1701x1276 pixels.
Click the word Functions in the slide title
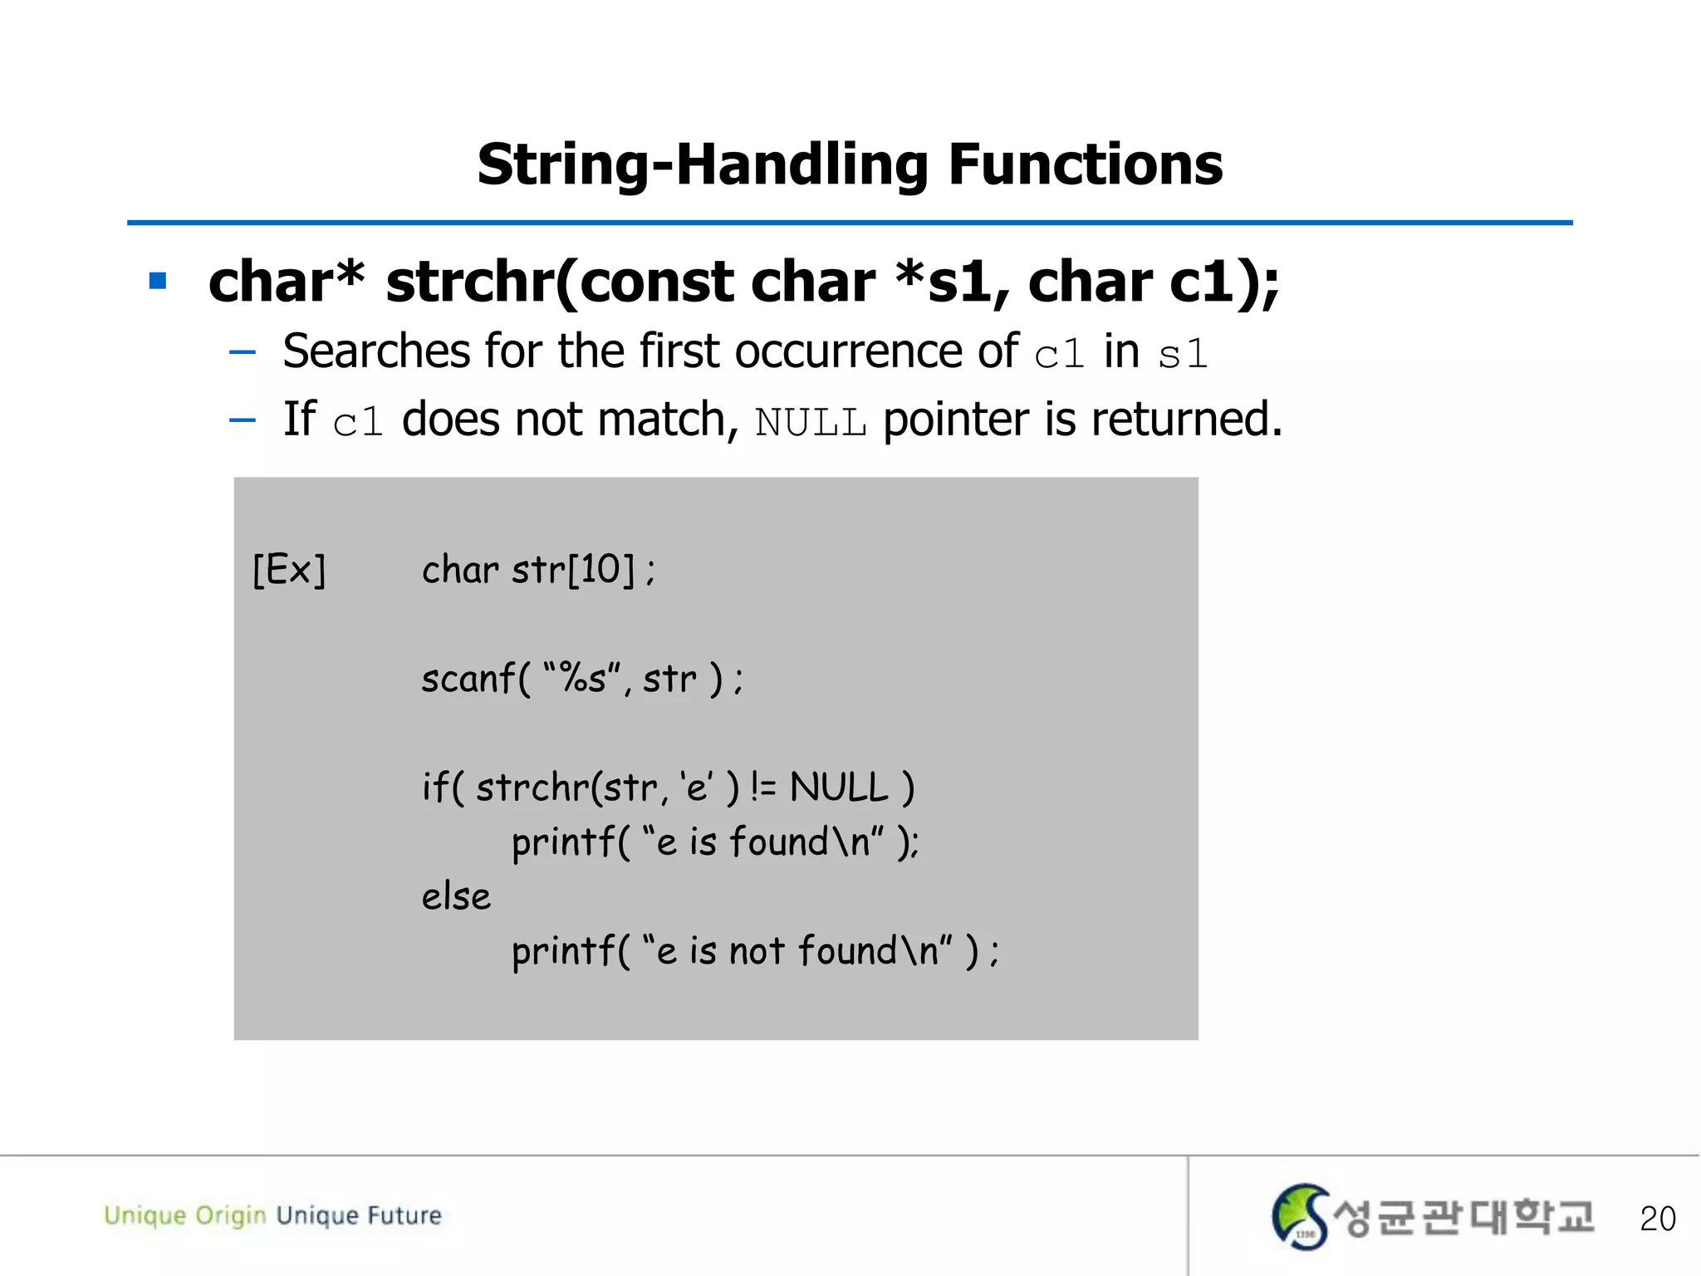pyautogui.click(x=1085, y=164)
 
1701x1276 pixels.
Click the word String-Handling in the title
pyautogui.click(x=702, y=164)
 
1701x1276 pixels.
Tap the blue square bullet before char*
pyautogui.click(x=158, y=281)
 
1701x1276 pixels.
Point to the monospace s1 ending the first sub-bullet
pyautogui.click(x=1183, y=356)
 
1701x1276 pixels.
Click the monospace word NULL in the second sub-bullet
pyautogui.click(x=811, y=423)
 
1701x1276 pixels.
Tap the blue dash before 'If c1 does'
pyautogui.click(x=242, y=420)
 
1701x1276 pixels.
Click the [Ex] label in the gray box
pyautogui.click(x=289, y=570)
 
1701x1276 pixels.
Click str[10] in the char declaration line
pyautogui.click(x=573, y=570)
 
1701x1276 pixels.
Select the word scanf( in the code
pyautogui.click(x=475, y=679)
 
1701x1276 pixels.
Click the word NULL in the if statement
pyautogui.click(x=838, y=787)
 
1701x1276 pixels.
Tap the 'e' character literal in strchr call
pyautogui.click(x=695, y=787)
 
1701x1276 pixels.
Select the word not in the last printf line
pyautogui.click(x=756, y=951)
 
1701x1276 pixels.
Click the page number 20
pyautogui.click(x=1657, y=1219)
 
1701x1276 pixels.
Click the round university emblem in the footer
pyautogui.click(x=1300, y=1216)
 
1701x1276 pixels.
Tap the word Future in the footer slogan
pyautogui.click(x=404, y=1215)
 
